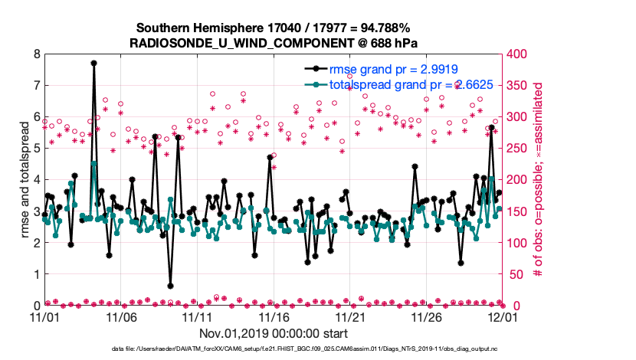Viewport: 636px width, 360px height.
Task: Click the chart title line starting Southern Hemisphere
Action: tap(274, 27)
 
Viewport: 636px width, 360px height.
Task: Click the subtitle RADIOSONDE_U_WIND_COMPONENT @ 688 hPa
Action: tap(274, 41)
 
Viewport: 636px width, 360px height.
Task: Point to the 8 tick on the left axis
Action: tap(37, 54)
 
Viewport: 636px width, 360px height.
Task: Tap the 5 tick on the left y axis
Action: tap(37, 149)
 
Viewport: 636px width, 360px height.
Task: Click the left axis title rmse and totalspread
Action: tap(24, 180)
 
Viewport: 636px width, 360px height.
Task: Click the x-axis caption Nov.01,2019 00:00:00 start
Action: tap(274, 333)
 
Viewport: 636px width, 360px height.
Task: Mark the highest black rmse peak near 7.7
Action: tap(93, 64)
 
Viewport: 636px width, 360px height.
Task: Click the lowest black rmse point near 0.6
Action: tap(170, 286)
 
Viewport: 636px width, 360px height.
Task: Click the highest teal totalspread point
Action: tap(93, 163)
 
